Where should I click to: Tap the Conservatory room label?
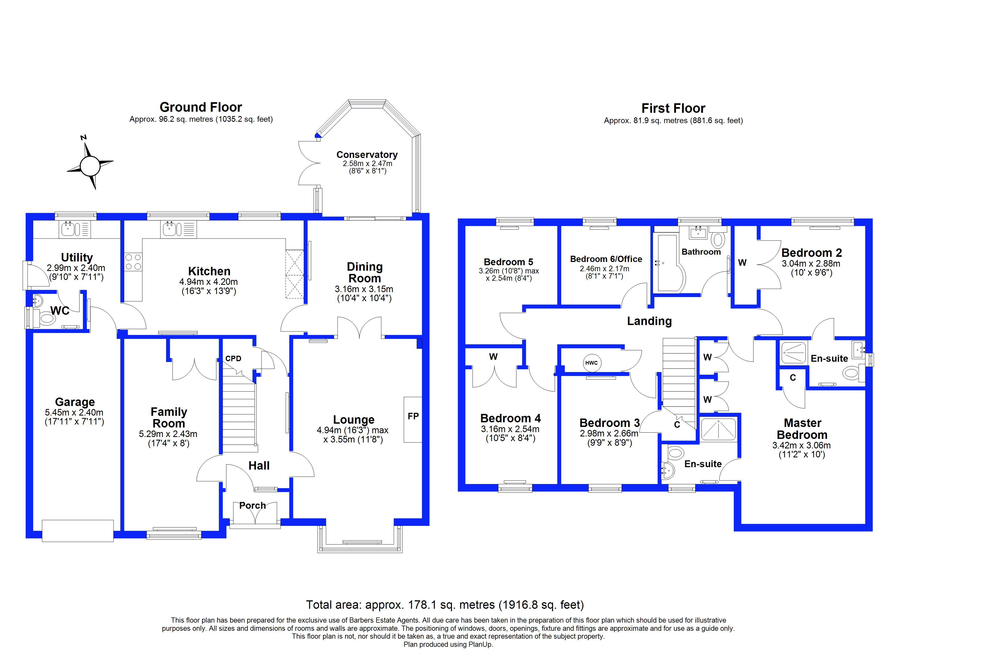click(x=367, y=155)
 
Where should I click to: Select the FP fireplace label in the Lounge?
click(x=413, y=416)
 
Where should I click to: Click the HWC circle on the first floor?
click(x=591, y=363)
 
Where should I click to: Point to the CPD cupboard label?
click(x=233, y=359)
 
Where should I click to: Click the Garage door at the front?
click(x=77, y=530)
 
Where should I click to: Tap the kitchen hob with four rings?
click(x=133, y=262)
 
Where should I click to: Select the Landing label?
click(x=649, y=321)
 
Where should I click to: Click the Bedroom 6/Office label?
click(x=606, y=259)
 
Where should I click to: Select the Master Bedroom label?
click(x=802, y=429)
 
